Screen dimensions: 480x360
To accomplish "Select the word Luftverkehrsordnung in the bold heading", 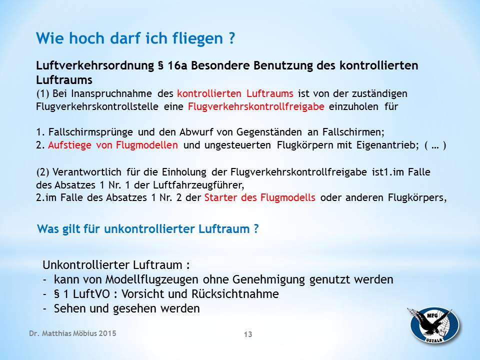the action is point(95,65).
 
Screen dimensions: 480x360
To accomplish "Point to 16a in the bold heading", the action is point(177,65).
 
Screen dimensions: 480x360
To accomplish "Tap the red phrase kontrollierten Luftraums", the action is point(235,93).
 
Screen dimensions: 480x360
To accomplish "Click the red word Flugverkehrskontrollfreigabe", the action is point(256,106).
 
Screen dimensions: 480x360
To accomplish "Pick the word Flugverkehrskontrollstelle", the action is point(97,106).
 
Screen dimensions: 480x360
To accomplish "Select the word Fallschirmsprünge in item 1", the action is point(90,132).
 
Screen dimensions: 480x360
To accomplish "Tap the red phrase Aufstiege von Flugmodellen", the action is point(113,145).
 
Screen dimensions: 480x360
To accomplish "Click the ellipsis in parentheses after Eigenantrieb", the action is point(435,145).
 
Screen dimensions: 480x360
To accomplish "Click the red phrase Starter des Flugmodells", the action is point(260,197).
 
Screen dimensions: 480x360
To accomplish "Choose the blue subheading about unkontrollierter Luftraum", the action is point(148,229).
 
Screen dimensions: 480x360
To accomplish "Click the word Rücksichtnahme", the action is point(235,294).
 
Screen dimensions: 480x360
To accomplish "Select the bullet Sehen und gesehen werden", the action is point(126,308).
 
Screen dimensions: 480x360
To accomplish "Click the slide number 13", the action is point(248,334).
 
